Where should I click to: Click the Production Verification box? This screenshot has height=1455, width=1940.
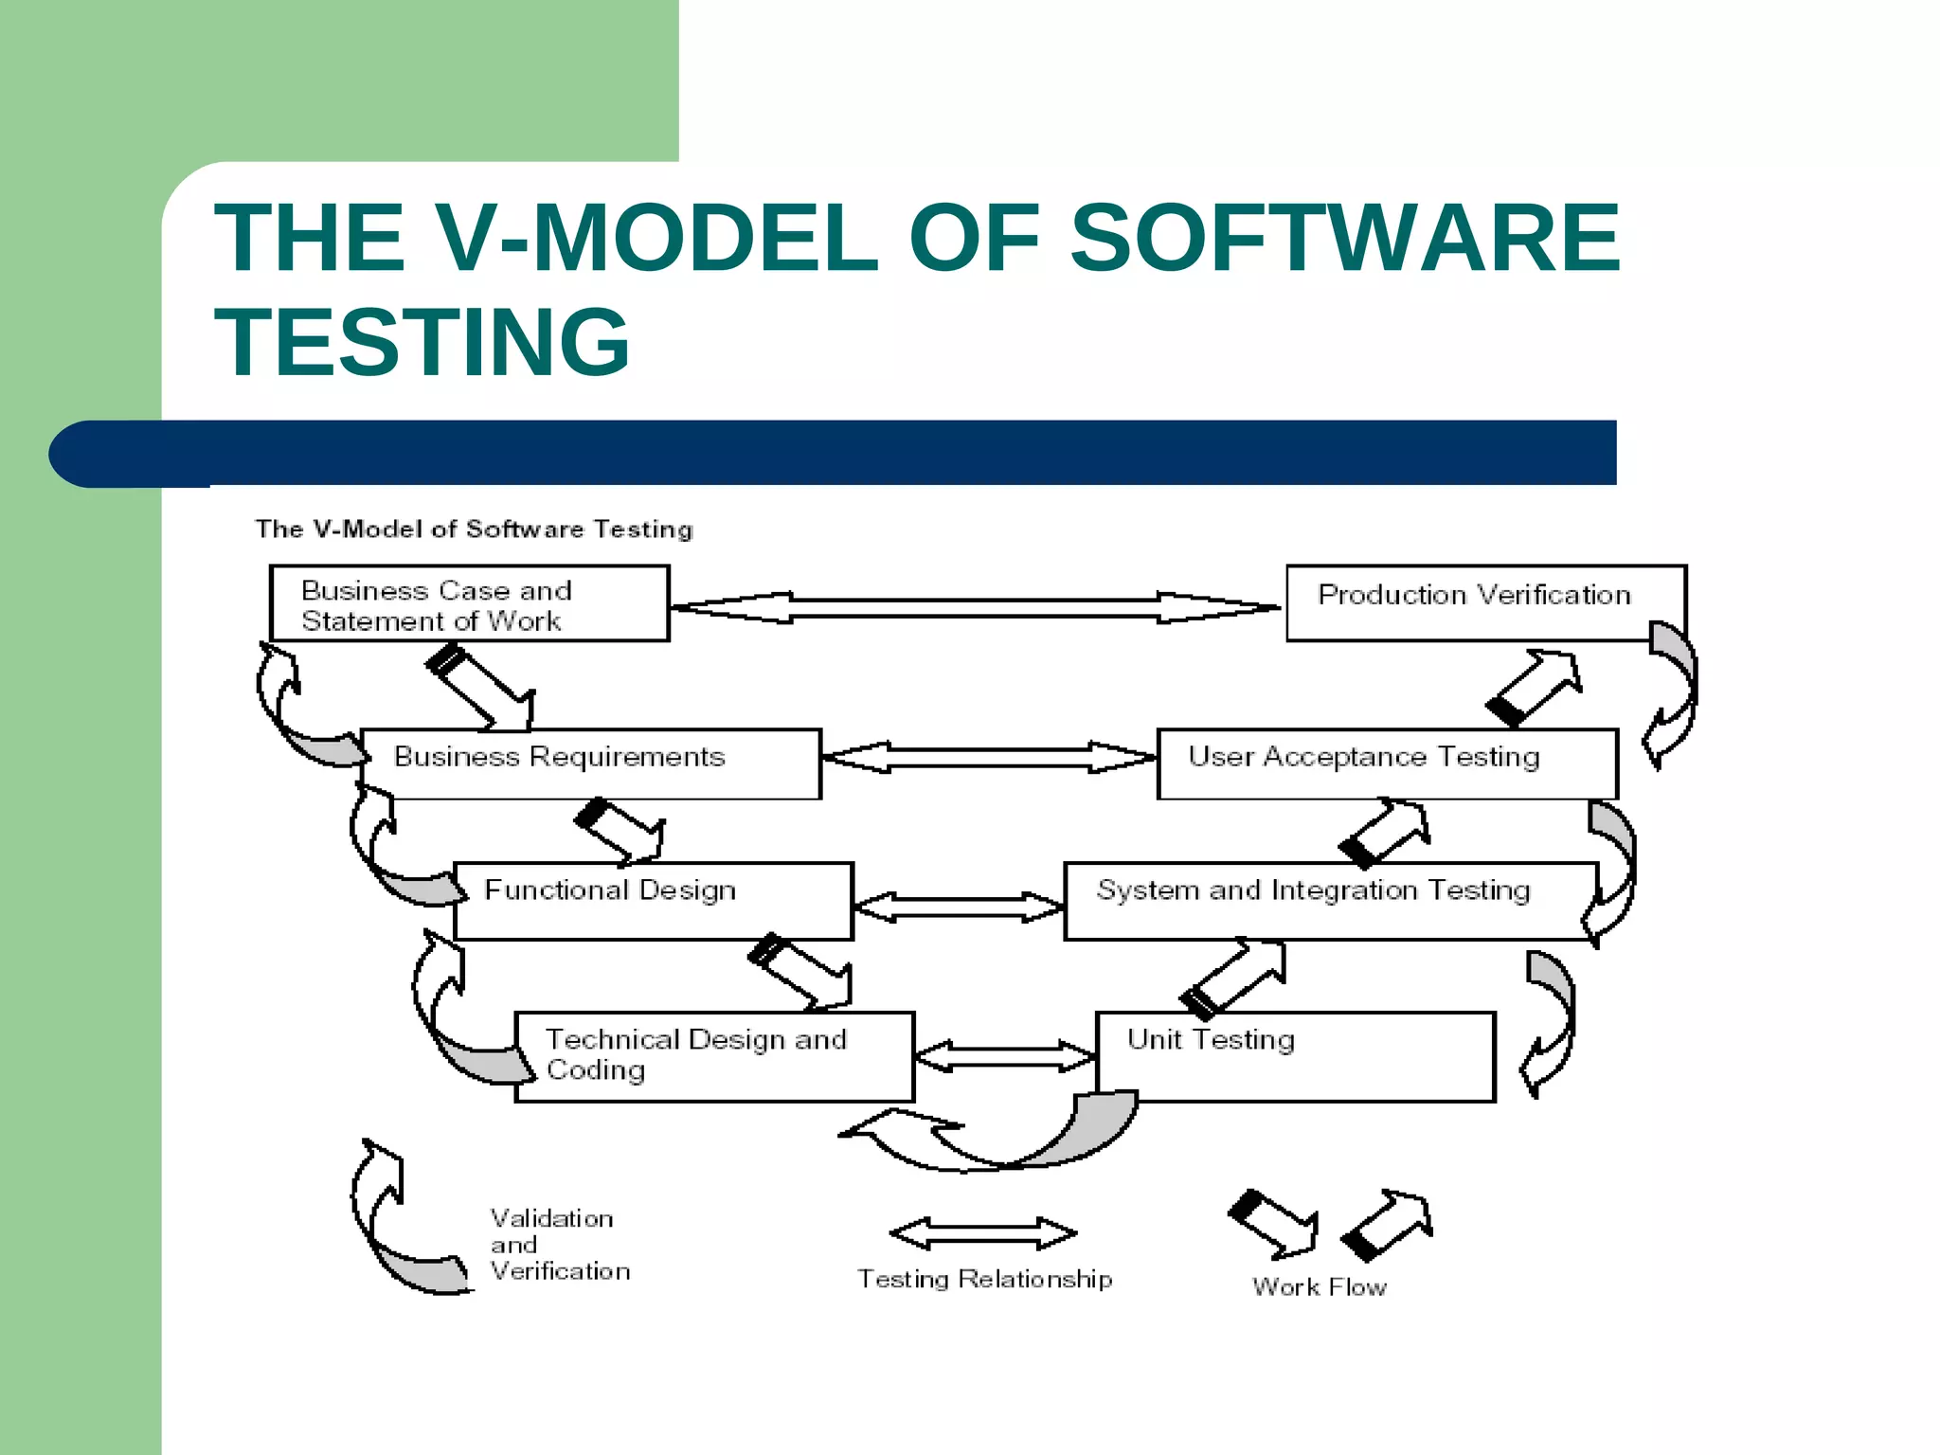tap(1485, 602)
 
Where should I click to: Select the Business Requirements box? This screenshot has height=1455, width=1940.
tap(591, 763)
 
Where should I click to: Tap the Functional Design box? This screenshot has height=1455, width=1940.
tap(654, 900)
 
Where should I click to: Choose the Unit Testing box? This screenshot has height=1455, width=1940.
tap(1295, 1056)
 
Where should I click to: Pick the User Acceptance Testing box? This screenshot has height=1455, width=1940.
tap(1387, 763)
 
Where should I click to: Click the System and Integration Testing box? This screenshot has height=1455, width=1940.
tap(1330, 900)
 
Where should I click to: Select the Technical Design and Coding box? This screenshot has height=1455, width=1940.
tap(714, 1056)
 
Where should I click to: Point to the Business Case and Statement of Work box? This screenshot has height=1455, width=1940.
tap(470, 603)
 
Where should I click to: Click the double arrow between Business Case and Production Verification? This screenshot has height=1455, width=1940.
tap(976, 607)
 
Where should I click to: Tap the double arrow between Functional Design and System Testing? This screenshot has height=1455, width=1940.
tap(959, 907)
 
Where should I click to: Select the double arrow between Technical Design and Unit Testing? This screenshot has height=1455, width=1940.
tap(1005, 1056)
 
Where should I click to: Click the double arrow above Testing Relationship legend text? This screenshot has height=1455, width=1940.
tap(983, 1233)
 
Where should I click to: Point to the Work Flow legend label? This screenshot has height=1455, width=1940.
tap(1319, 1286)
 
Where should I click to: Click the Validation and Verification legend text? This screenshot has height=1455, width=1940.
tap(559, 1245)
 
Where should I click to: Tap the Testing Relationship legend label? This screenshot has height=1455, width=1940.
tap(984, 1279)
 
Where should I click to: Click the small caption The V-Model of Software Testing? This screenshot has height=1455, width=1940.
tap(474, 529)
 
